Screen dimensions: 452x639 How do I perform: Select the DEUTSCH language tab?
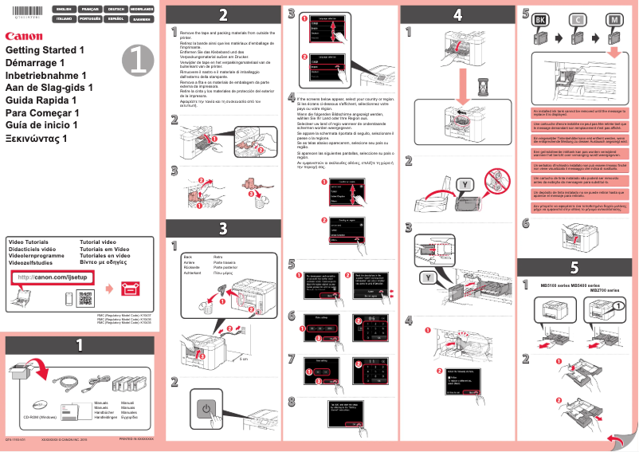click(x=115, y=8)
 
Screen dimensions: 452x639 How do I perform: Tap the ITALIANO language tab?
click(x=62, y=18)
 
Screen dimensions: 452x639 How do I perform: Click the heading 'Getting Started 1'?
click(x=45, y=49)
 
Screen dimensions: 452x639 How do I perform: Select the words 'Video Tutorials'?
click(x=28, y=242)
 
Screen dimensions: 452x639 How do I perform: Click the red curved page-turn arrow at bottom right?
click(x=615, y=439)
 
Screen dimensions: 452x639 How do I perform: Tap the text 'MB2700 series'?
click(x=604, y=291)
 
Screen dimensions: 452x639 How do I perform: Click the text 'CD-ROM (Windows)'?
click(x=40, y=417)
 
